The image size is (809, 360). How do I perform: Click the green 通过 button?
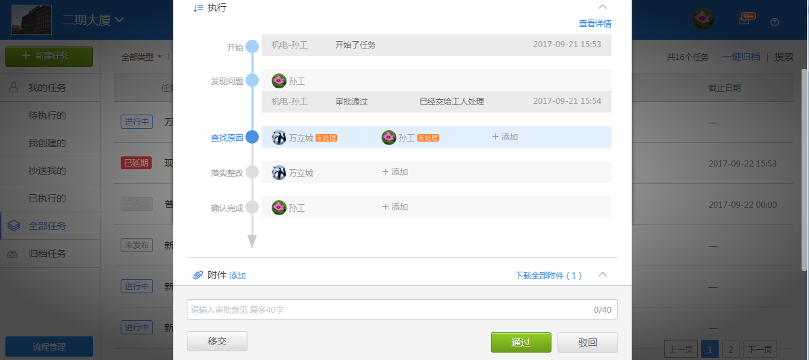coord(520,342)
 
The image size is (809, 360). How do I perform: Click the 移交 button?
coord(217,341)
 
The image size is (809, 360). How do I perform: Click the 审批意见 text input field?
coord(391,309)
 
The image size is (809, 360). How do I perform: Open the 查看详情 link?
coord(595,24)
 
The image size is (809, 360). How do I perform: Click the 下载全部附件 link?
coord(548,275)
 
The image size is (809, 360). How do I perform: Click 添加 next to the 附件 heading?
coord(237,275)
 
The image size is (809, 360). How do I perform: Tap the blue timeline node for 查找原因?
coord(252,137)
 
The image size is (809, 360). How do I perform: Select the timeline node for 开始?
coord(252,47)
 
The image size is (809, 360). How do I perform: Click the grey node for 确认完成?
coord(252,207)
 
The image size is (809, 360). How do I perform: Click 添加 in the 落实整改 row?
coord(395,172)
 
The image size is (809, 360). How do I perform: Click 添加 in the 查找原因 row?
coord(505,137)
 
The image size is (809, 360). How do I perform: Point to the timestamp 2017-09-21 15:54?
coord(566,101)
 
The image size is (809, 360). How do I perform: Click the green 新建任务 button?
coord(49,56)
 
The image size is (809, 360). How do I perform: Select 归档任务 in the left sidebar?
coord(47,254)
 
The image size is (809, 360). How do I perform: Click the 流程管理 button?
coord(49,347)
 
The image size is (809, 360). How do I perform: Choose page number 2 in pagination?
coord(730,349)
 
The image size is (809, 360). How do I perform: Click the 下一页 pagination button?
coord(760,349)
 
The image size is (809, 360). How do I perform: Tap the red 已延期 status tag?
coord(136,163)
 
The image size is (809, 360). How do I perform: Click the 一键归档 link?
coord(741,57)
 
